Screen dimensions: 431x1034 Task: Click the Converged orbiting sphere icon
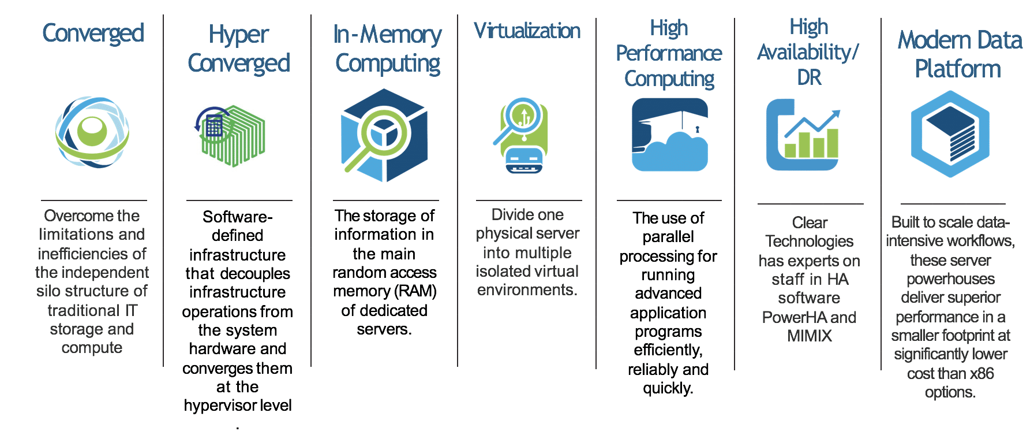[x=92, y=132]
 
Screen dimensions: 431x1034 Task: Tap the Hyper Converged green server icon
[x=231, y=135]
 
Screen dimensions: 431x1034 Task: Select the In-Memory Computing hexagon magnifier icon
[x=384, y=135]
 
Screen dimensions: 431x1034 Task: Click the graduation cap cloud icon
[x=669, y=135]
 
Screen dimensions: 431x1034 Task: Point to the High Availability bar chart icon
[x=804, y=135]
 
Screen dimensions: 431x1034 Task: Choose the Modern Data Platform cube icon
[x=950, y=134]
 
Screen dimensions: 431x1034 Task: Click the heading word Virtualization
[x=527, y=31]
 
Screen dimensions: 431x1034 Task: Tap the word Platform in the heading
[x=958, y=69]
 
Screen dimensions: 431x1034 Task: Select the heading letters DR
[x=809, y=77]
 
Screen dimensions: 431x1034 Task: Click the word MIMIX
[x=810, y=336]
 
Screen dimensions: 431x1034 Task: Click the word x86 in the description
[x=982, y=374]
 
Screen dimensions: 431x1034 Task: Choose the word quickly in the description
[x=667, y=388]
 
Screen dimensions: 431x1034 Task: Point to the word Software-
[x=237, y=217]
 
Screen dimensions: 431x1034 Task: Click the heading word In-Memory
[x=387, y=35]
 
